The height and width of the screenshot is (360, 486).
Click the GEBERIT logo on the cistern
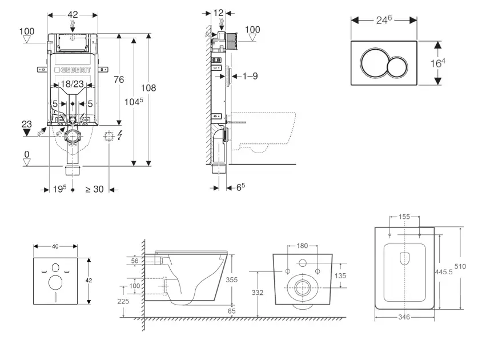(73, 70)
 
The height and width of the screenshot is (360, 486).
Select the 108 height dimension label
(148, 88)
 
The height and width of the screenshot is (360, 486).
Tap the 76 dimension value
(119, 79)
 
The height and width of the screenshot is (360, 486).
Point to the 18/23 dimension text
(72, 84)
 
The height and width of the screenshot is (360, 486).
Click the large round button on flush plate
(373, 63)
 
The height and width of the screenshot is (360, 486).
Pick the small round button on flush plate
(397, 67)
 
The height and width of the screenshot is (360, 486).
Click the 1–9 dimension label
(250, 76)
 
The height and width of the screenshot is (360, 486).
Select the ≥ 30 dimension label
(95, 189)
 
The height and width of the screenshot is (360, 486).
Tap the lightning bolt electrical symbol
(120, 135)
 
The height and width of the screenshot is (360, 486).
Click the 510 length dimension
(460, 266)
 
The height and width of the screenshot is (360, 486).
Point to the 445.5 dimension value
(444, 272)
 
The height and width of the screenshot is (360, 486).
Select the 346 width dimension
(404, 317)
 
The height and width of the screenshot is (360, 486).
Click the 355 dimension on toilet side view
(232, 279)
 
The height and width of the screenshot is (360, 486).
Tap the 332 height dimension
(257, 293)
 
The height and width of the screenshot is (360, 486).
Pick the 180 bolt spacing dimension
(302, 246)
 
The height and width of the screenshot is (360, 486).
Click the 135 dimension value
(340, 275)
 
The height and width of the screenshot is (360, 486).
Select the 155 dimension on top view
(404, 217)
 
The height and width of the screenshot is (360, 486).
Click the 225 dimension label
(123, 301)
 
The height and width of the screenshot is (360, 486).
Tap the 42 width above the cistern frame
(73, 15)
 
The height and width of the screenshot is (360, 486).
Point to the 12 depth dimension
(219, 13)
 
